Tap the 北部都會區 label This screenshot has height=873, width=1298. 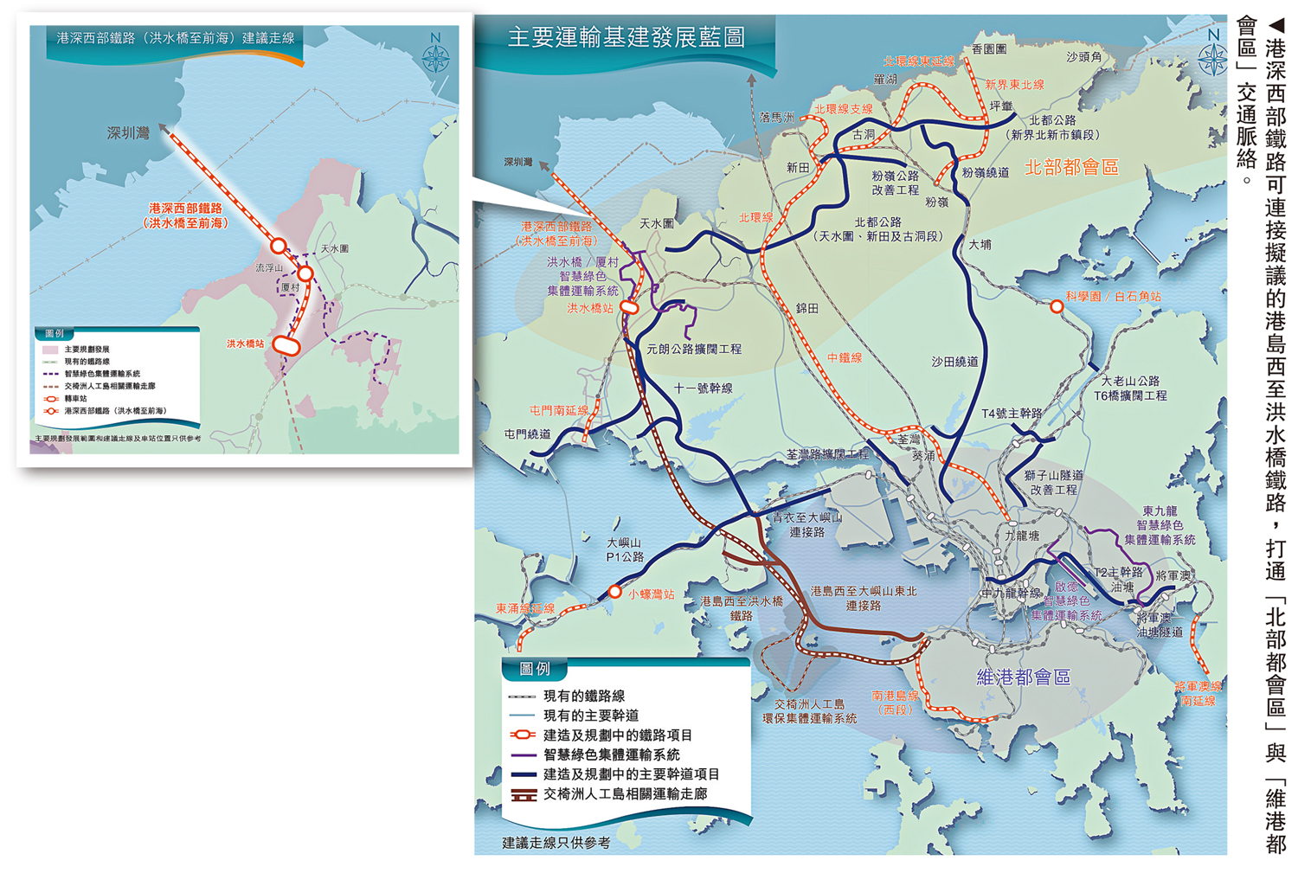click(1070, 168)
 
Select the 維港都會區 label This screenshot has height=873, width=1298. click(1023, 677)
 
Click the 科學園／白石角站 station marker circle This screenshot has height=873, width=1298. click(1057, 306)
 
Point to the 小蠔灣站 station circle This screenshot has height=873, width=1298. click(614, 593)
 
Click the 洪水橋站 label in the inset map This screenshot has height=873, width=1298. click(245, 344)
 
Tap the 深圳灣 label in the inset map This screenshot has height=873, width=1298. click(128, 132)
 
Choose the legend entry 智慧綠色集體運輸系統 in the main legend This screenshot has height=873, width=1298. click(611, 754)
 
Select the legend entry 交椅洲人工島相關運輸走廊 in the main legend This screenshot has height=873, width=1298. click(625, 794)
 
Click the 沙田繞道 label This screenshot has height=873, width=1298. click(954, 362)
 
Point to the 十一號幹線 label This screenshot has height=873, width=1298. click(703, 388)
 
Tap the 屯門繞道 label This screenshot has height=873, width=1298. click(527, 434)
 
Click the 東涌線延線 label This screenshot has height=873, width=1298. click(524, 609)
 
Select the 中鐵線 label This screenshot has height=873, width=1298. click(844, 357)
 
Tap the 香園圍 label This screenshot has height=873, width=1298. click(989, 49)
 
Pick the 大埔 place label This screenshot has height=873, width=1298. click(980, 245)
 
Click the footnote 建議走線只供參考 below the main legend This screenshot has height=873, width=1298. click(556, 843)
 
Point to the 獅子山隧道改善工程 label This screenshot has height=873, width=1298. click(1053, 482)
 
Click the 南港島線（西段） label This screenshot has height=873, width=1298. click(895, 703)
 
